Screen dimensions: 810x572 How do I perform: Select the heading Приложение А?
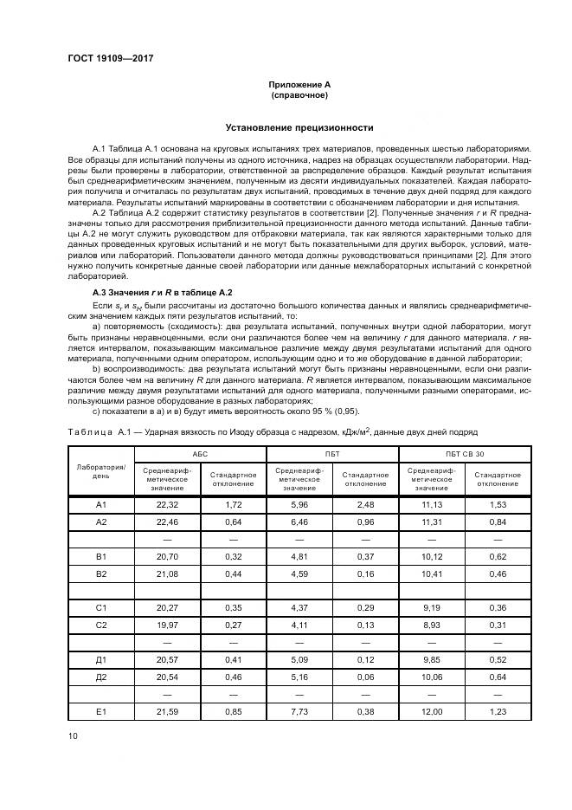[x=299, y=84]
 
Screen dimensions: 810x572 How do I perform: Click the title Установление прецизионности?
[x=299, y=127]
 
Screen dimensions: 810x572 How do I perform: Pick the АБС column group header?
[x=200, y=453]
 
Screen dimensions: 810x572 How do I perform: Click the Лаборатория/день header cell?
[x=101, y=470]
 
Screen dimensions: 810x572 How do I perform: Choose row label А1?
[x=101, y=504]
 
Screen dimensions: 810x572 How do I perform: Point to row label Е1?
[x=101, y=711]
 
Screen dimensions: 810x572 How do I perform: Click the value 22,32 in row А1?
[x=167, y=504]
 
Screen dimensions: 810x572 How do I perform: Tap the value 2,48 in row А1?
[x=364, y=504]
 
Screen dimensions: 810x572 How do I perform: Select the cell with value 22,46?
[x=167, y=522]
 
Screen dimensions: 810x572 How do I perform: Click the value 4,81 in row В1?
[x=299, y=556]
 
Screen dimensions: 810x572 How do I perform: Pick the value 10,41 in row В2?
[x=431, y=573]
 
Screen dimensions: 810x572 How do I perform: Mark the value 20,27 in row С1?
[x=167, y=608]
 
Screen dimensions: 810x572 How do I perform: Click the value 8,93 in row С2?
[x=431, y=625]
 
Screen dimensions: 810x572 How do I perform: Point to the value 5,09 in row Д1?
[x=299, y=660]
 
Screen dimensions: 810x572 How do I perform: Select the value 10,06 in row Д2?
[x=431, y=677]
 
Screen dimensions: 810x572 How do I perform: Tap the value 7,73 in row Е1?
[x=299, y=711]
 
